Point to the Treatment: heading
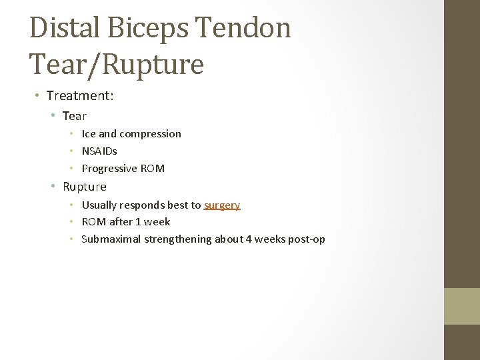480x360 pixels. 80,96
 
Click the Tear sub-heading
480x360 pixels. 75,116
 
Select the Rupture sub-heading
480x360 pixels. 85,187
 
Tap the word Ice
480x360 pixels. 89,134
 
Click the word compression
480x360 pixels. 150,134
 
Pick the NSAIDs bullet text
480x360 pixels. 99,151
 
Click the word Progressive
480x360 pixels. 109,169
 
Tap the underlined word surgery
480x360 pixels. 222,205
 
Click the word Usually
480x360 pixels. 99,205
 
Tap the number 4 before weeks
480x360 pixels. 249,239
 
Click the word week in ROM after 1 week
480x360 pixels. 158,222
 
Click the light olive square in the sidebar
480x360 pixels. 462,306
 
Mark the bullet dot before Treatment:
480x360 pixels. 38,97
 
